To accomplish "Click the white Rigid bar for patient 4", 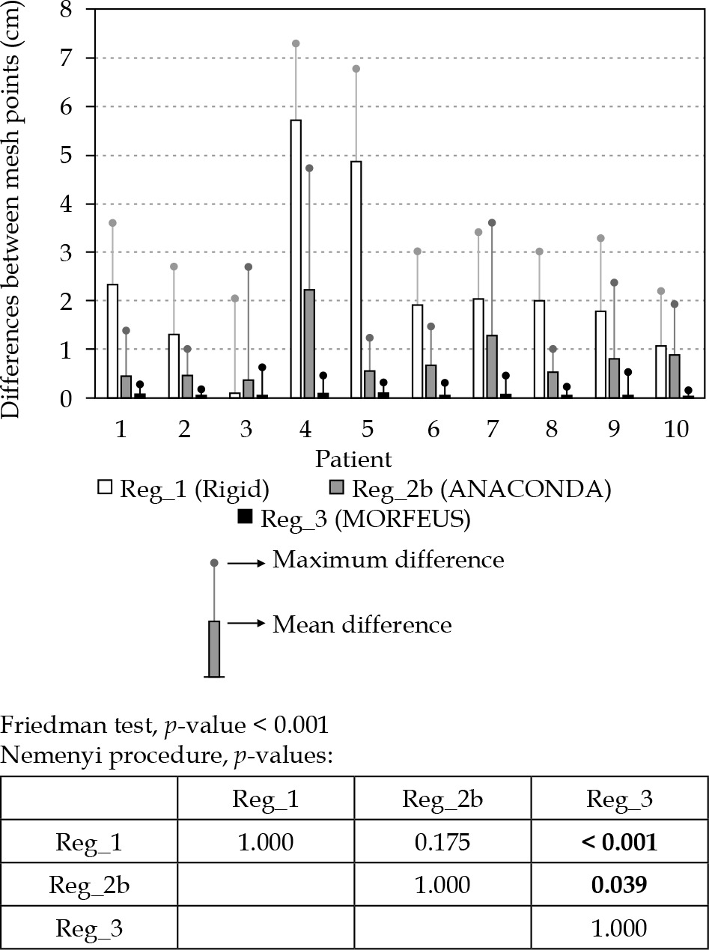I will [296, 259].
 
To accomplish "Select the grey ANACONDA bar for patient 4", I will [309, 344].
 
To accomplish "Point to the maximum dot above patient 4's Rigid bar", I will [296, 43].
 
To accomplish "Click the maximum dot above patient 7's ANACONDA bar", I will [492, 222].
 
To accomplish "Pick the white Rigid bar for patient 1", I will [112, 341].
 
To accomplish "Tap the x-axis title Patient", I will [353, 458].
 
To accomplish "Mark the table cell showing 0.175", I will [442, 842].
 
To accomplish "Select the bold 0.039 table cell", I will [619, 885].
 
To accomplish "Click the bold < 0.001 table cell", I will [619, 842].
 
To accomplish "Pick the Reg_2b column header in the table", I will [442, 800].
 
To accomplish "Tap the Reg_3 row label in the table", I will [89, 928].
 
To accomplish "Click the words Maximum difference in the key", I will [388, 560].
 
